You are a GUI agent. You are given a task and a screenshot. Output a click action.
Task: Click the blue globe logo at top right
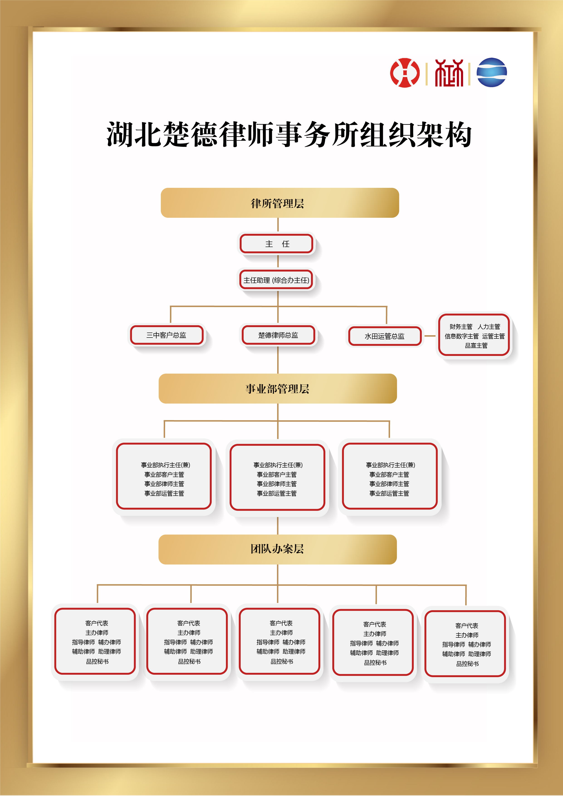point(492,72)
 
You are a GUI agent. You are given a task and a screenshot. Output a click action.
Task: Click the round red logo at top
point(405,72)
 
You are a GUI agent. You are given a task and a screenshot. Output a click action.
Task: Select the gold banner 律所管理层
point(280,203)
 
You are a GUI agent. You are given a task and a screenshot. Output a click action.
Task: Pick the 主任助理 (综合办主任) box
point(276,280)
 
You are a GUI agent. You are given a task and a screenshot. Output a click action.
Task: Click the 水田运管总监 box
point(385,336)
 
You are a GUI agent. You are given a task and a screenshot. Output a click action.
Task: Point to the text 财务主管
point(461,327)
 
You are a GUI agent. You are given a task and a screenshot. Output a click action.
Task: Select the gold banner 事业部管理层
point(278,389)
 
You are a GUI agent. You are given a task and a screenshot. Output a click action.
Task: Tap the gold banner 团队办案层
point(278,549)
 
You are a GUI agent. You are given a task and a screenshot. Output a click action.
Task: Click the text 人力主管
point(489,327)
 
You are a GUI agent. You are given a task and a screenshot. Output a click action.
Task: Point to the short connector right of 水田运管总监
point(430,336)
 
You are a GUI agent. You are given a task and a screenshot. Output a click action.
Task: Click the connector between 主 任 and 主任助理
point(278,261)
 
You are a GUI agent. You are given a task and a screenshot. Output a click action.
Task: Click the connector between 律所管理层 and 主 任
point(278,225)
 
